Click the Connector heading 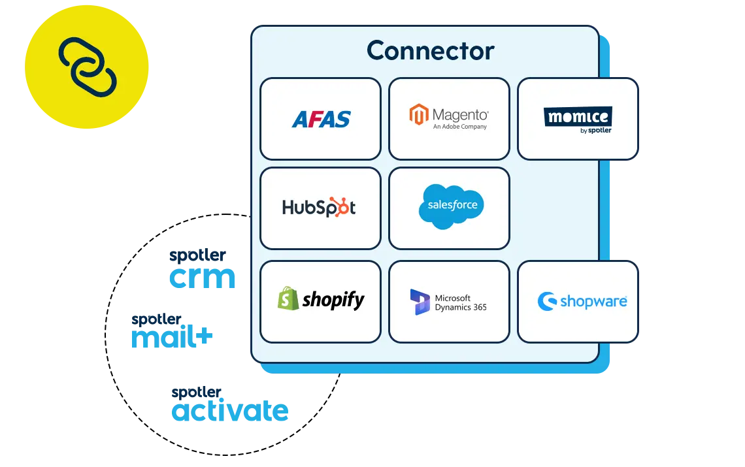pos(430,50)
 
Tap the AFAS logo pos(321,119)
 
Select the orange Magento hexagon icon pos(419,115)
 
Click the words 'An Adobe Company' pos(460,127)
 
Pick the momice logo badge pos(578,118)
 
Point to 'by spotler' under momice pos(595,130)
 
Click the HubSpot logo pos(319,207)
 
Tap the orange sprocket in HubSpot pos(341,205)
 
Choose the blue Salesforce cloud pos(451,206)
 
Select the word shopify pos(333,300)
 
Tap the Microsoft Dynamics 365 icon pos(420,302)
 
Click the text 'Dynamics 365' pos(461,307)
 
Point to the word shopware pos(593,301)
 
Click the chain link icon pos(88,66)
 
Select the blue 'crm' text pos(201,278)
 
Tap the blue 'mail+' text pos(172,337)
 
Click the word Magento pos(460,115)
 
